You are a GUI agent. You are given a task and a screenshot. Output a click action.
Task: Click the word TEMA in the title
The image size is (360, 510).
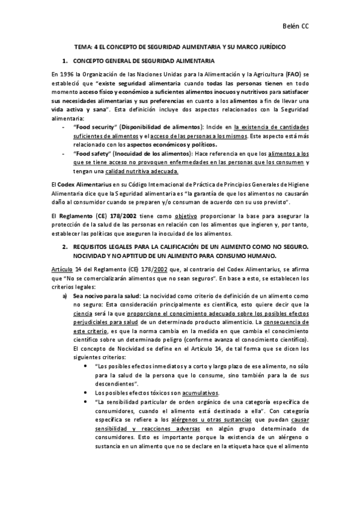pos(82,46)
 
